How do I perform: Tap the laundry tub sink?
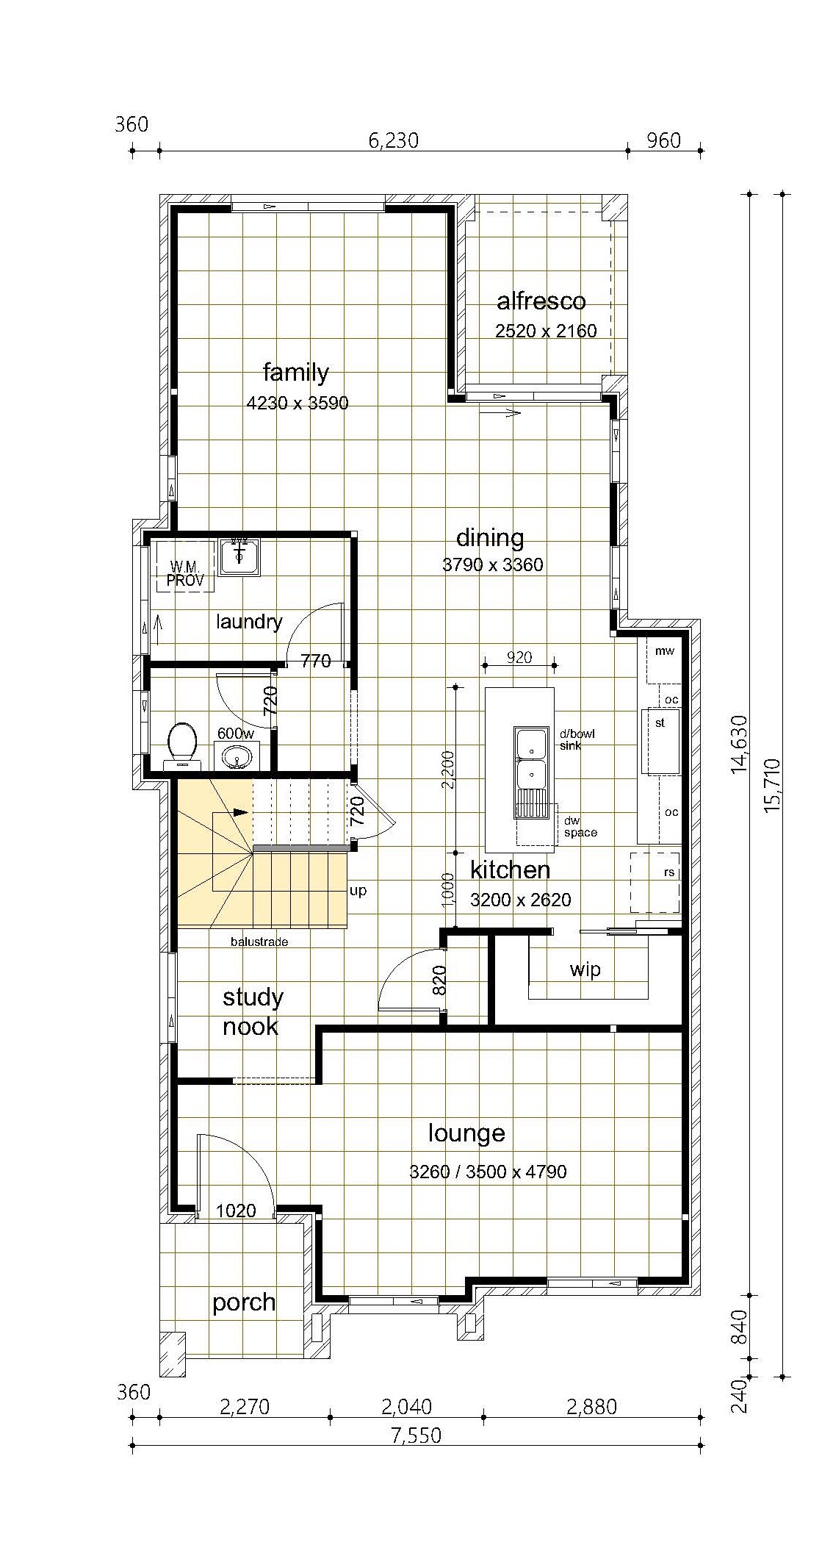pos(239,557)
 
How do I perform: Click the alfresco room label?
pos(541,301)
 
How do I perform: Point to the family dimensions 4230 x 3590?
pos(298,403)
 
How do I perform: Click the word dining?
pos(490,538)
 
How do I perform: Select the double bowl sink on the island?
pos(532,772)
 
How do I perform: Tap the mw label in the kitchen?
pos(664,651)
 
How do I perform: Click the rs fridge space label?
pos(669,873)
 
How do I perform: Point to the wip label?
pos(585,969)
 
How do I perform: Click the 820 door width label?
pos(439,979)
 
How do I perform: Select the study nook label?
pos(252,1011)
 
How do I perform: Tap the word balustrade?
pos(259,942)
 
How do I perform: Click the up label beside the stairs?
pos(358,891)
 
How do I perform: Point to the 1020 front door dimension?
pos(236,1211)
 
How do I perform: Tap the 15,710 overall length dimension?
pos(772,785)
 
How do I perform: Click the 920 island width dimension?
pos(519,657)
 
